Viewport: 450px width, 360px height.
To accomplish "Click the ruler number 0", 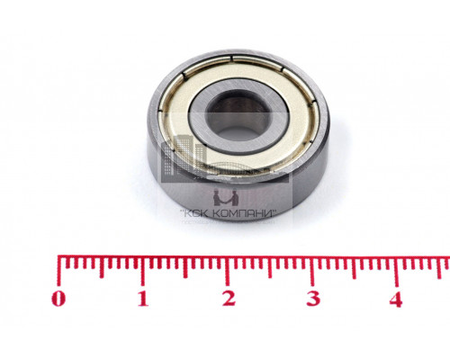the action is tap(58, 299).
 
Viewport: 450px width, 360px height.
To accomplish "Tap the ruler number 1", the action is tap(143, 299).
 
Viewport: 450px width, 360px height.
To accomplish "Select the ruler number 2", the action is tap(229, 299).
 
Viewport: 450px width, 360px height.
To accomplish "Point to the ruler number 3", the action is tap(313, 299).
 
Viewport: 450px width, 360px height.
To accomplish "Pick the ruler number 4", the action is tap(396, 300).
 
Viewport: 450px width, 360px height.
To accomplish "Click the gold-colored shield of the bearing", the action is tap(300, 120).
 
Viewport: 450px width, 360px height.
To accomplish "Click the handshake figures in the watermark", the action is tap(226, 197).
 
